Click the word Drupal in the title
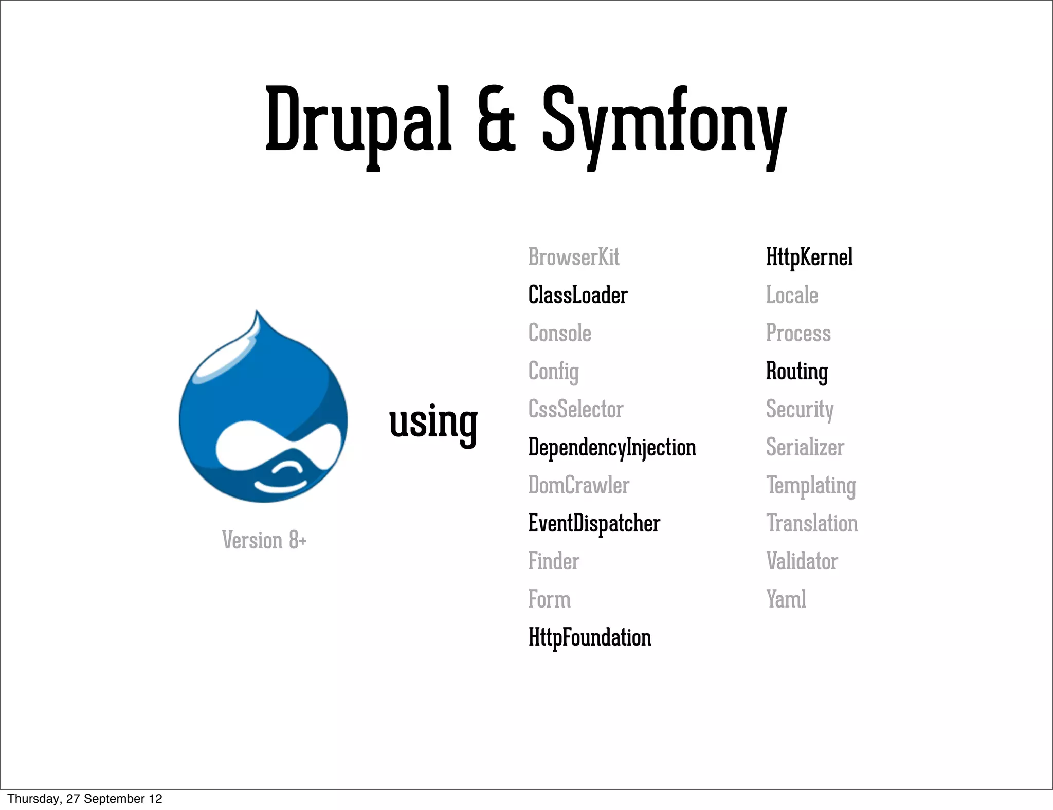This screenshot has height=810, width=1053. click(358, 121)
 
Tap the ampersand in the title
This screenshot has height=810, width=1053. click(496, 121)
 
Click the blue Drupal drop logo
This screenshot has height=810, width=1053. click(263, 411)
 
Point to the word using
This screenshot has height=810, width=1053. click(433, 422)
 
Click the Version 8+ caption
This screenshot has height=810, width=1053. click(264, 540)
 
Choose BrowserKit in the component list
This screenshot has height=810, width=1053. click(574, 257)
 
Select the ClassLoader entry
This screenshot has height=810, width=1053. click(578, 295)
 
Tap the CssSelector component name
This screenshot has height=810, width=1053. click(576, 409)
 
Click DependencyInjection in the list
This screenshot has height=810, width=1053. click(612, 447)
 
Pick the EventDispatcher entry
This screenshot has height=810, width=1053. click(594, 523)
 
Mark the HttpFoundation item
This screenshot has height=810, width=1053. click(590, 637)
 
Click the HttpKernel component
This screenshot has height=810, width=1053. click(809, 257)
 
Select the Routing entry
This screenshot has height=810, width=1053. click(797, 371)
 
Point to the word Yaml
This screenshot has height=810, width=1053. click(786, 599)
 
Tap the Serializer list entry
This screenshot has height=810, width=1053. click(805, 447)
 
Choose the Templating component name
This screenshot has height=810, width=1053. click(811, 485)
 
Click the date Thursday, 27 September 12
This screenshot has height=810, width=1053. click(85, 799)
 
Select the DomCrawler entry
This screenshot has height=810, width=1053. click(578, 485)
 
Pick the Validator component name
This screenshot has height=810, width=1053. click(802, 561)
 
